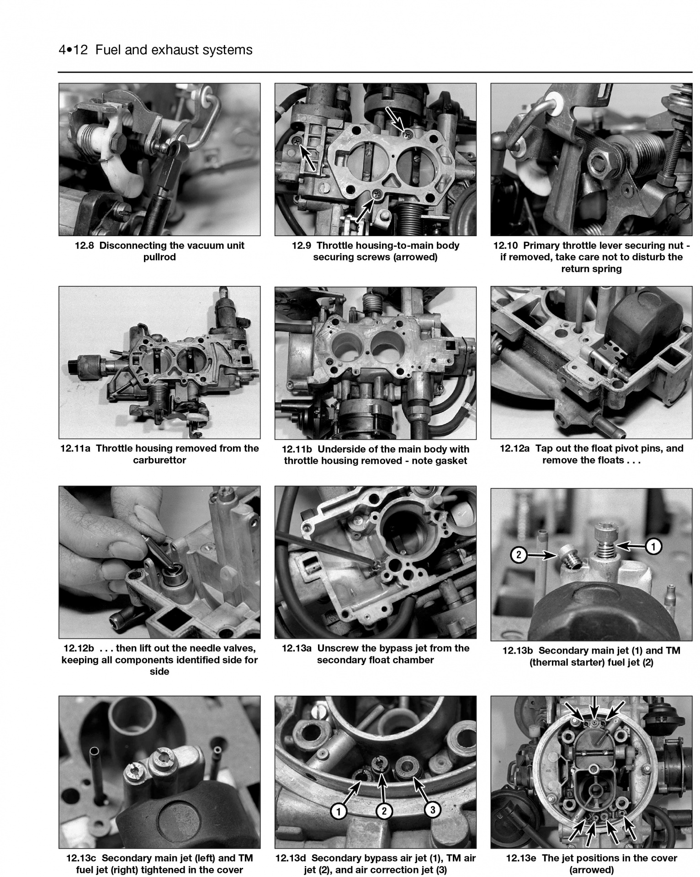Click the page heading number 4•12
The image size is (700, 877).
coord(73,50)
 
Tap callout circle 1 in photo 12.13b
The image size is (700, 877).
coord(654,546)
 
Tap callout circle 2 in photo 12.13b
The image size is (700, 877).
coord(519,555)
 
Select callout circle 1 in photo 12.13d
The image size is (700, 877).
coord(338,811)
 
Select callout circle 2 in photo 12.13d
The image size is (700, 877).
coord(384,811)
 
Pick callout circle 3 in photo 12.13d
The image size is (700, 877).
coord(432,810)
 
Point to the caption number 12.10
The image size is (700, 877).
coord(506,245)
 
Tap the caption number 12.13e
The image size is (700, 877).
coord(521,858)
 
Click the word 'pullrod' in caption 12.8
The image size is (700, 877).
coord(159,257)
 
